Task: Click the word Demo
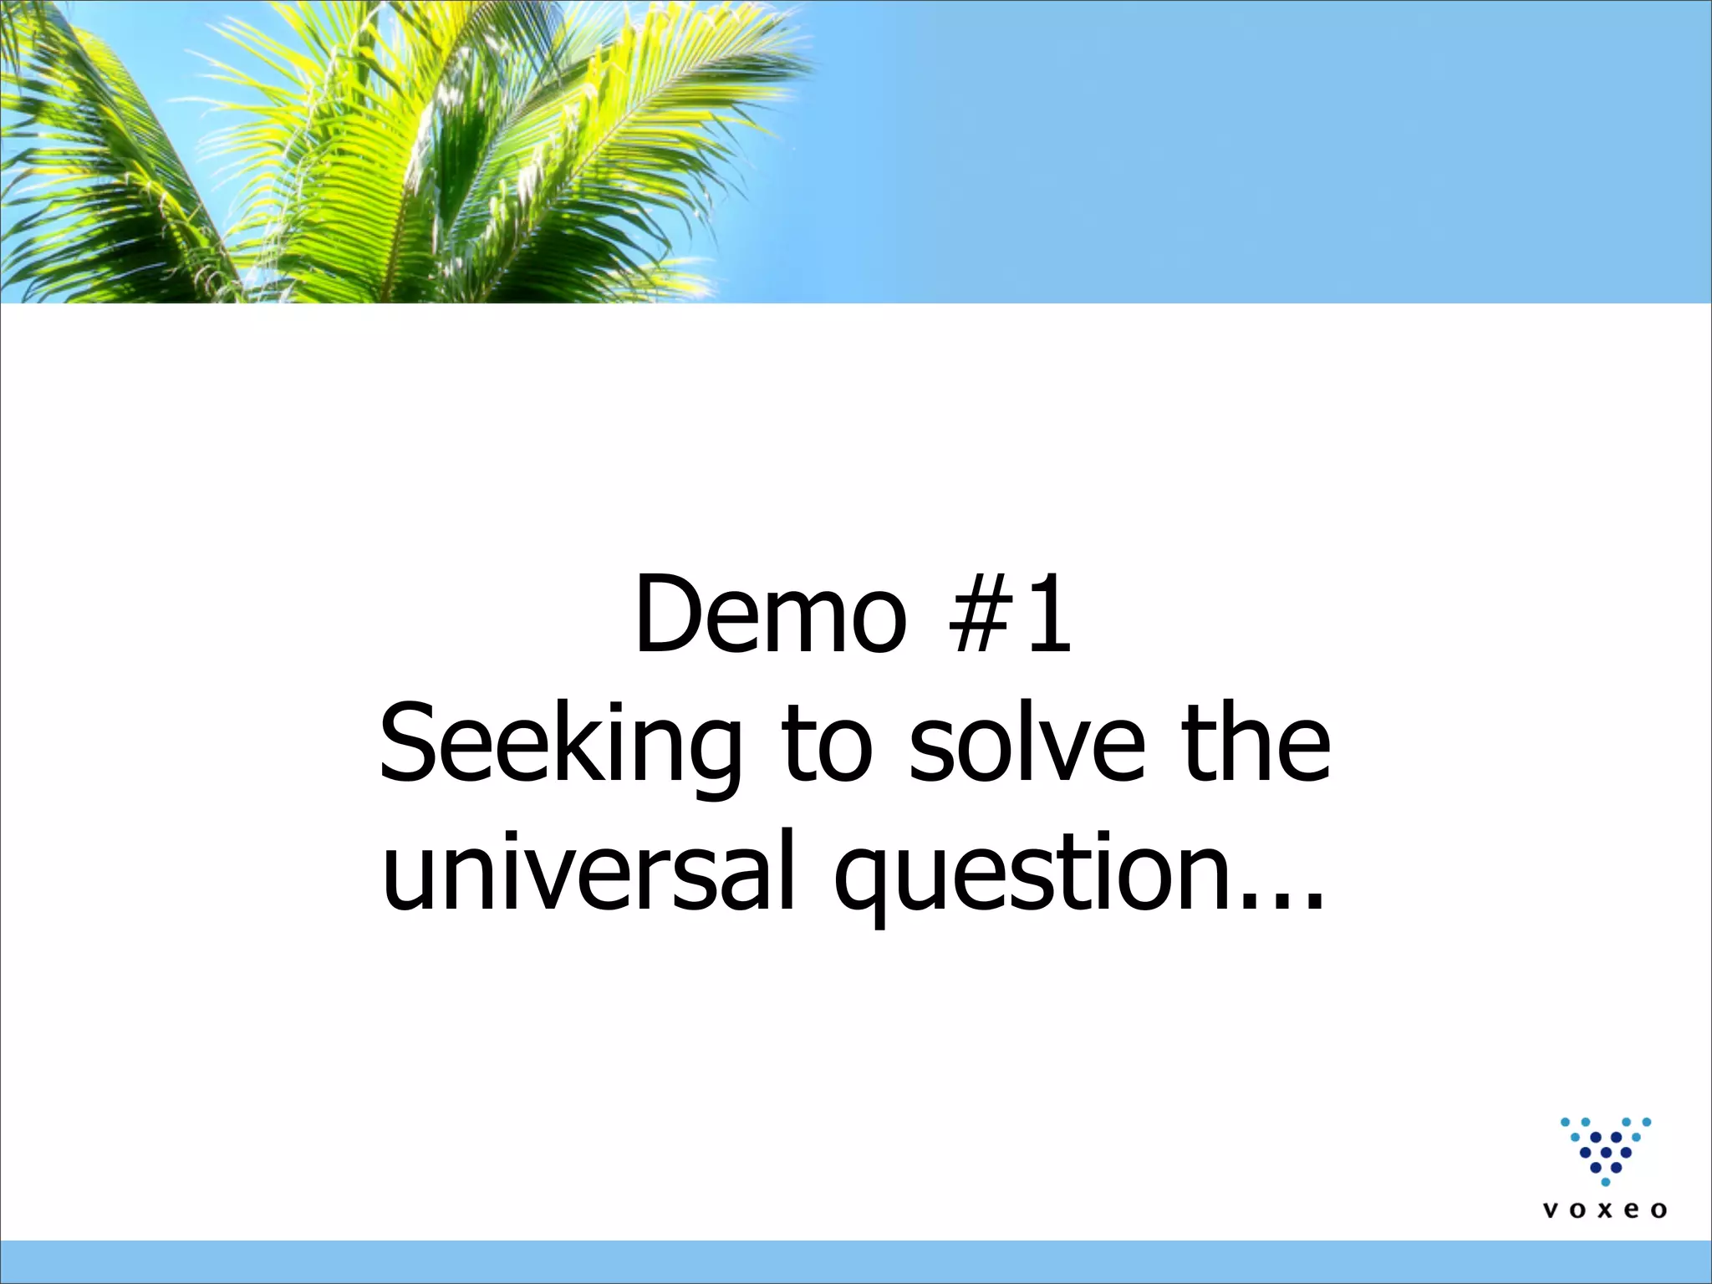pyautogui.click(x=770, y=614)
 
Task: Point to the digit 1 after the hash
pyautogui.click(x=1048, y=614)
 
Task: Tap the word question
pyautogui.click(x=1030, y=874)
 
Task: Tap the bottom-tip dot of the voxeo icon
pyautogui.click(x=1605, y=1182)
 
